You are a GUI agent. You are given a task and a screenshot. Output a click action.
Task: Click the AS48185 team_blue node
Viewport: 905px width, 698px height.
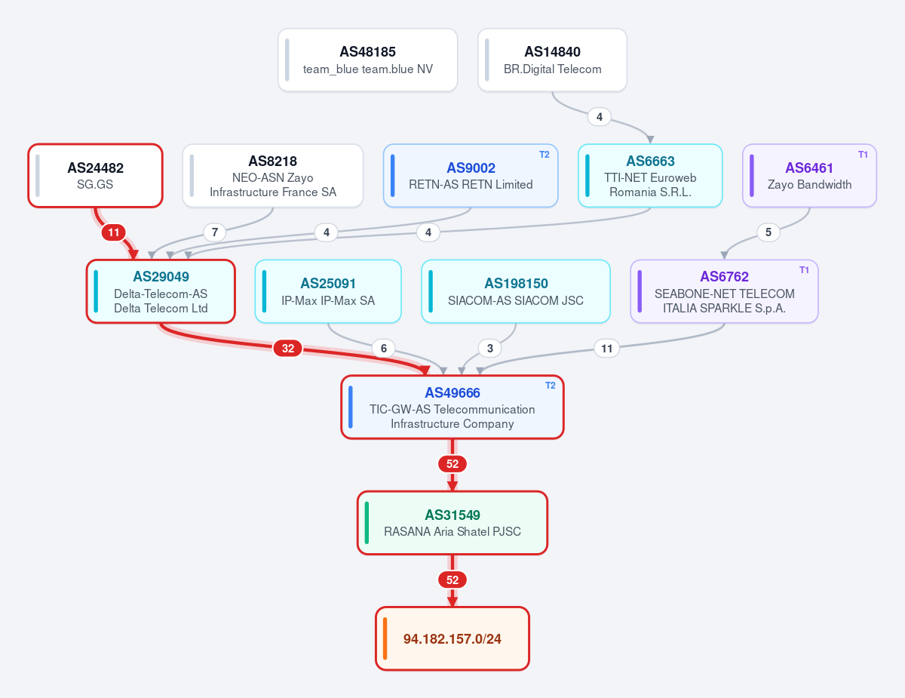click(x=368, y=60)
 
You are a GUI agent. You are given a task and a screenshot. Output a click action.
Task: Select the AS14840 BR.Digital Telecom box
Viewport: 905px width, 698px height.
click(x=552, y=60)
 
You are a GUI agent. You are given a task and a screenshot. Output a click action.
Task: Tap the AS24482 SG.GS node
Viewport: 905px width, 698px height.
click(x=95, y=175)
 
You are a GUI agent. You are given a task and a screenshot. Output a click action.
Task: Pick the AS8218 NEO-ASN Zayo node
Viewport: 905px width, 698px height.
click(x=273, y=175)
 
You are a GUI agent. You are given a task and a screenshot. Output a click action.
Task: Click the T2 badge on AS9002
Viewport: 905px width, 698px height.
click(x=545, y=155)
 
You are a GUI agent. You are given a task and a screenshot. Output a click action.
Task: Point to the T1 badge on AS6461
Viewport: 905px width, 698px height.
click(x=863, y=155)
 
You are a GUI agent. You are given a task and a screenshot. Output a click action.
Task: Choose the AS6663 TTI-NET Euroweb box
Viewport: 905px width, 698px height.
click(x=650, y=175)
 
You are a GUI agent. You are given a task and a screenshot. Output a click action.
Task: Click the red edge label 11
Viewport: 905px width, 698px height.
click(x=114, y=232)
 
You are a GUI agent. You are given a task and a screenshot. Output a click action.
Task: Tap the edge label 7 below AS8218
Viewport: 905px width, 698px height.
click(x=214, y=232)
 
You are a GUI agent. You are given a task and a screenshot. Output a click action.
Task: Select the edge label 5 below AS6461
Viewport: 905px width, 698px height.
click(x=768, y=232)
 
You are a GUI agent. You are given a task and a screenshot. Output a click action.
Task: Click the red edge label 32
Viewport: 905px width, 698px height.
click(x=288, y=349)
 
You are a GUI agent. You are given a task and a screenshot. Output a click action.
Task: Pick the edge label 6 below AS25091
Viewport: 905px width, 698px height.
click(x=384, y=349)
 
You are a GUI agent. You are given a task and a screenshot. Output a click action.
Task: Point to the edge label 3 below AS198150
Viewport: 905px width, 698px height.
click(x=489, y=349)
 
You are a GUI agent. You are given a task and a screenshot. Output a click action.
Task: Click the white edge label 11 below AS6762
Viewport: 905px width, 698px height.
click(x=607, y=349)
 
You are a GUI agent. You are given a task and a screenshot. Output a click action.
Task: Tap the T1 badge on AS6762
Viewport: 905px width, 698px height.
click(x=804, y=270)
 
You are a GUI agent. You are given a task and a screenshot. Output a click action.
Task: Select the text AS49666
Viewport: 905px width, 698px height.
click(x=452, y=392)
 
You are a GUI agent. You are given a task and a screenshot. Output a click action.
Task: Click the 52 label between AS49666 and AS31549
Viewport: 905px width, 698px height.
click(x=452, y=464)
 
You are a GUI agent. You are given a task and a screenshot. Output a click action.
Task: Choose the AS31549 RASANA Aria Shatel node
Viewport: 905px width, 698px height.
click(x=452, y=523)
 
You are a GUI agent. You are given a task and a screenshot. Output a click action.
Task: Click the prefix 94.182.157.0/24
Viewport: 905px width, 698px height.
click(x=452, y=638)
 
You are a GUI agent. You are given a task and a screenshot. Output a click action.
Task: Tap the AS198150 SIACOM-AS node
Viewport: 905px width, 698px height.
click(x=516, y=291)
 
